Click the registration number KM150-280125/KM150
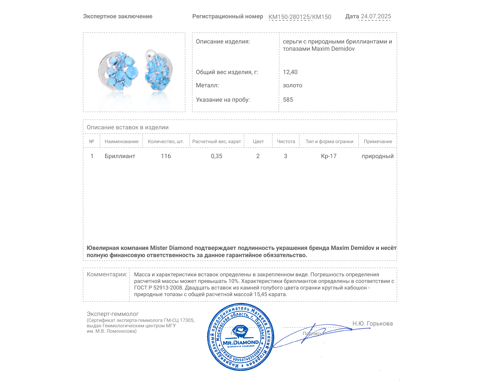point(300,17)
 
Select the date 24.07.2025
point(376,16)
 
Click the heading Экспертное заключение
point(118,16)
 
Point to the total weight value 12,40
point(290,72)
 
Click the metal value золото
point(292,85)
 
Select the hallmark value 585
point(288,100)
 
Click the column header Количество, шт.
point(166,142)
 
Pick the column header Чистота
point(286,142)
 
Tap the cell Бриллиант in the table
point(120,156)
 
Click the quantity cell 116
point(166,156)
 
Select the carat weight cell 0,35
point(217,156)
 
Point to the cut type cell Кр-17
point(329,156)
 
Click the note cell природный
point(377,156)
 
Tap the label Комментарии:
point(107,274)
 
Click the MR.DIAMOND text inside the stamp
point(241,343)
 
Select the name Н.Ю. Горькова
point(372,323)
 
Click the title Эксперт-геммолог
point(113,314)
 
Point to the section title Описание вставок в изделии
point(127,127)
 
